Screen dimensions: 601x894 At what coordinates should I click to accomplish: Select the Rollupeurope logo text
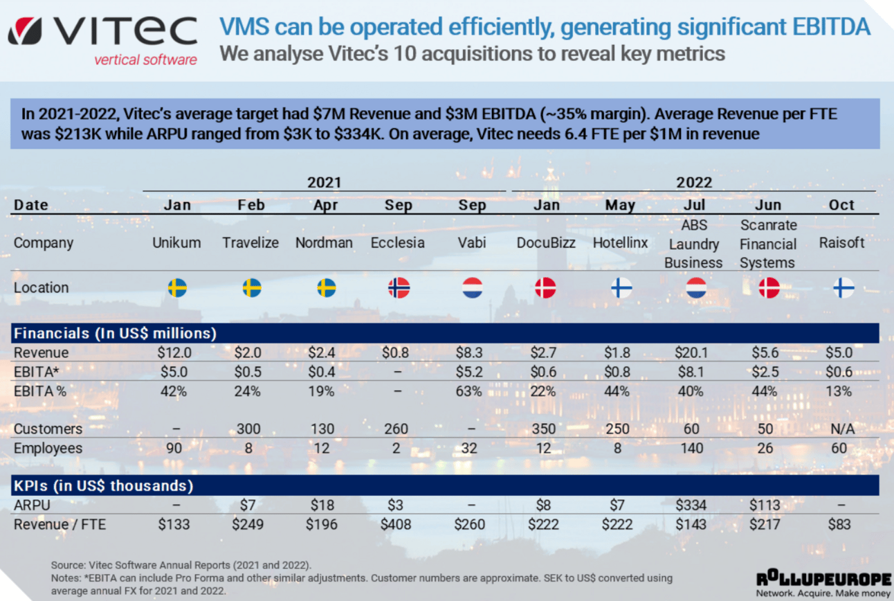point(822,578)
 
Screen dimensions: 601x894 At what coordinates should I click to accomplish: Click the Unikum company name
point(176,243)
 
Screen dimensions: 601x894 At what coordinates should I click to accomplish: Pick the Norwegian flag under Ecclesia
point(399,287)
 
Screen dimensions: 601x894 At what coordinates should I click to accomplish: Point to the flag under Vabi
point(473,287)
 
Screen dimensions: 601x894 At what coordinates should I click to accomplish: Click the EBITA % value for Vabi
point(469,391)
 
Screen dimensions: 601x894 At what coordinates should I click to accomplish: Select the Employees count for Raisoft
point(839,448)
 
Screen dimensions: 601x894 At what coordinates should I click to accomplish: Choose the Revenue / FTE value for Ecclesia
point(396,525)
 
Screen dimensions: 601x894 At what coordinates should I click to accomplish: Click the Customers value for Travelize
point(248,429)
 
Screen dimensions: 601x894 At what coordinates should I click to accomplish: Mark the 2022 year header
point(694,182)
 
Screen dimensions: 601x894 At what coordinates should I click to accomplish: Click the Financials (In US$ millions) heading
point(115,333)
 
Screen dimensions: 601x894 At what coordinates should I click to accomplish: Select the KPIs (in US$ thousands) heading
point(104,485)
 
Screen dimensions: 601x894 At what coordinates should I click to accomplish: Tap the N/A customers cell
point(841,429)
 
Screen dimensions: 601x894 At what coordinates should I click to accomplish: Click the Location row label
point(42,287)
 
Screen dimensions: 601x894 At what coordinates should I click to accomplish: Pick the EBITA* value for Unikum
point(174,372)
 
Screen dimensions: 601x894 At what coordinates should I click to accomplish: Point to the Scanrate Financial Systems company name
point(768,244)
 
